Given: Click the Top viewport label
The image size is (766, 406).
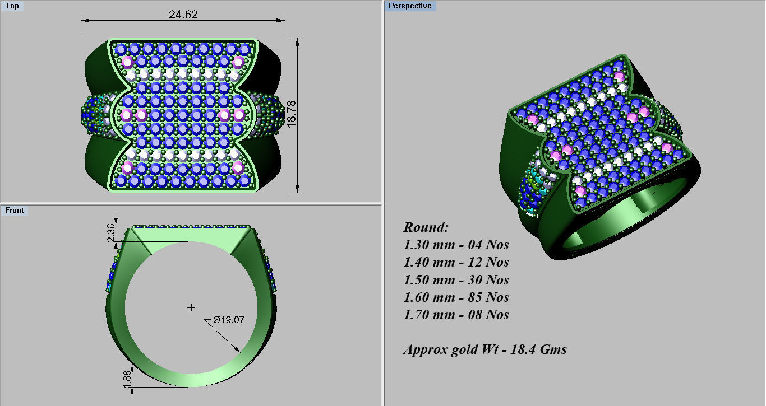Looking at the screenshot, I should tap(12, 6).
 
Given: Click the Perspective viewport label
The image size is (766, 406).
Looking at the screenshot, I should tap(410, 6).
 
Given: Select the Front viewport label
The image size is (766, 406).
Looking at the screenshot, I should tap(15, 210).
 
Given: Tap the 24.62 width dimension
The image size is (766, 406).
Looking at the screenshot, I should tap(183, 15).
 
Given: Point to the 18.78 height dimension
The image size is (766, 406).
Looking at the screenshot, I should tap(291, 114).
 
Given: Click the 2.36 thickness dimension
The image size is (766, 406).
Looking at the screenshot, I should tap(111, 233).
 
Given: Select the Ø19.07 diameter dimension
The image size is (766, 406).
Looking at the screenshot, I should tap(228, 320).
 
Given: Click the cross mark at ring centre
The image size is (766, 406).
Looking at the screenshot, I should tap(191, 307).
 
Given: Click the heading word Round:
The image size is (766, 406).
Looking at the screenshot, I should tap(426, 227).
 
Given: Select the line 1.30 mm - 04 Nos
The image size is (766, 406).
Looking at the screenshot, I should tap(456, 245).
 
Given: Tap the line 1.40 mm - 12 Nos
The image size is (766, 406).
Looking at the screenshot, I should tap(456, 262).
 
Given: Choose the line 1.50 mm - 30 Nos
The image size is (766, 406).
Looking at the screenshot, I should tap(456, 280).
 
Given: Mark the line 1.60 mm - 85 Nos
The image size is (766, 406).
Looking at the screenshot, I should tap(456, 297).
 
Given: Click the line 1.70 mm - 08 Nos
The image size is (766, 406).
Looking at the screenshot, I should tap(456, 315).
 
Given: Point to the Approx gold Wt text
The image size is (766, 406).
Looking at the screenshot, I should tap(484, 350).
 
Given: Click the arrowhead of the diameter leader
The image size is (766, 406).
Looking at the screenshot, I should tap(238, 349).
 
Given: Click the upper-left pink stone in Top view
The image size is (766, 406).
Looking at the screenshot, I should tap(127, 62).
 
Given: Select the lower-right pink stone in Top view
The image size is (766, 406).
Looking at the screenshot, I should tap(238, 167).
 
